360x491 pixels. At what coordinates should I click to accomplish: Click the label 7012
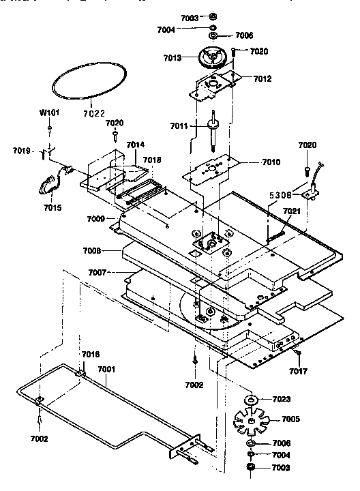point(262,78)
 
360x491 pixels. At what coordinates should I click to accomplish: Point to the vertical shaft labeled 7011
point(213,130)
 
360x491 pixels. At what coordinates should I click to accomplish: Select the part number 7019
point(22,150)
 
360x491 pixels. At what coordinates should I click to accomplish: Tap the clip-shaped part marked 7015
point(48,183)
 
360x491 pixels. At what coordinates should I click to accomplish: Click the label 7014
point(135,145)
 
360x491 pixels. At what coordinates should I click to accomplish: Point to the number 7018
point(152,160)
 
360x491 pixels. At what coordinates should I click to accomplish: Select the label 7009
point(95,219)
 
